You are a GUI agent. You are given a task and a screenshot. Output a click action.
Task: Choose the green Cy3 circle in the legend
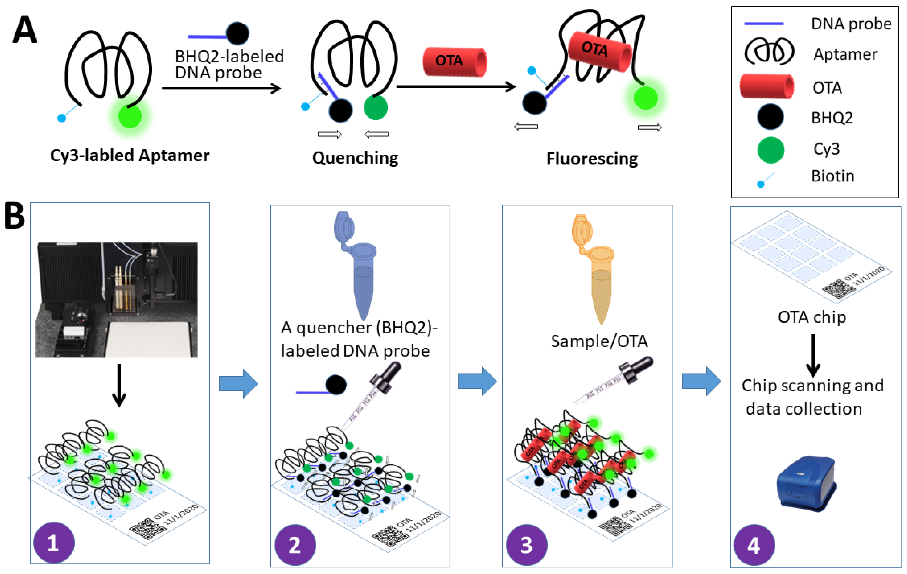click(770, 150)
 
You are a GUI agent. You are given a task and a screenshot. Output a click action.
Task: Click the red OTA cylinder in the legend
click(767, 87)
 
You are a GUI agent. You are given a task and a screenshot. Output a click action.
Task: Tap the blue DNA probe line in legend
click(764, 24)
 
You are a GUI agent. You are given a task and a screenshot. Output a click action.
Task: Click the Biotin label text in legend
click(832, 176)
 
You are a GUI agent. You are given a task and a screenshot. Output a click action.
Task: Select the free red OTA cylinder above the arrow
click(455, 61)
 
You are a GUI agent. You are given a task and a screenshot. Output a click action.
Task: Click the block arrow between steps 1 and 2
click(238, 383)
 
